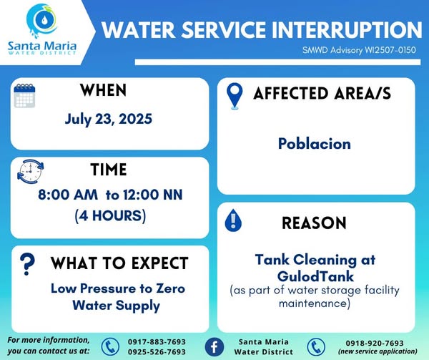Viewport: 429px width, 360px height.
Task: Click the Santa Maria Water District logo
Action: (42, 29)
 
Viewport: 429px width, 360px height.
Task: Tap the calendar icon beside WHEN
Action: (24, 95)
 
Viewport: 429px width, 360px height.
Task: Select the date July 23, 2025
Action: (109, 119)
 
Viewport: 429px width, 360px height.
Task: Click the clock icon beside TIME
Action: (30, 172)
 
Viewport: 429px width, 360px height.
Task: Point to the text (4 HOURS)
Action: (110, 215)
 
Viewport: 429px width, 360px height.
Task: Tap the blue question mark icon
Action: (27, 264)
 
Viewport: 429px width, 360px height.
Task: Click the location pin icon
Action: (235, 96)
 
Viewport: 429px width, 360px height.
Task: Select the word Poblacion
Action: (315, 144)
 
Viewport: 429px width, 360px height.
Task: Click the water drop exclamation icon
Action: (233, 220)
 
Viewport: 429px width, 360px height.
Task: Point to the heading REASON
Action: (314, 223)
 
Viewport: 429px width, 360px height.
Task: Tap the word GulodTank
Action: (315, 276)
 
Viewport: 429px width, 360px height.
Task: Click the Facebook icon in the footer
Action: (214, 346)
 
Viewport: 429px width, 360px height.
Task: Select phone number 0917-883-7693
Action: (157, 342)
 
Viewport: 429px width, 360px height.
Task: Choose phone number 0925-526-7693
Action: (157, 352)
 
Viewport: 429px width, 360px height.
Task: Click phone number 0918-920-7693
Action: (375, 343)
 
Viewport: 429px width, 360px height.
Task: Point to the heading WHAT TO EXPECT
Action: (119, 263)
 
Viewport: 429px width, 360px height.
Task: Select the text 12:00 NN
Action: (153, 195)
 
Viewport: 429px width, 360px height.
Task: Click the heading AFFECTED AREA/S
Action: (322, 93)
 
